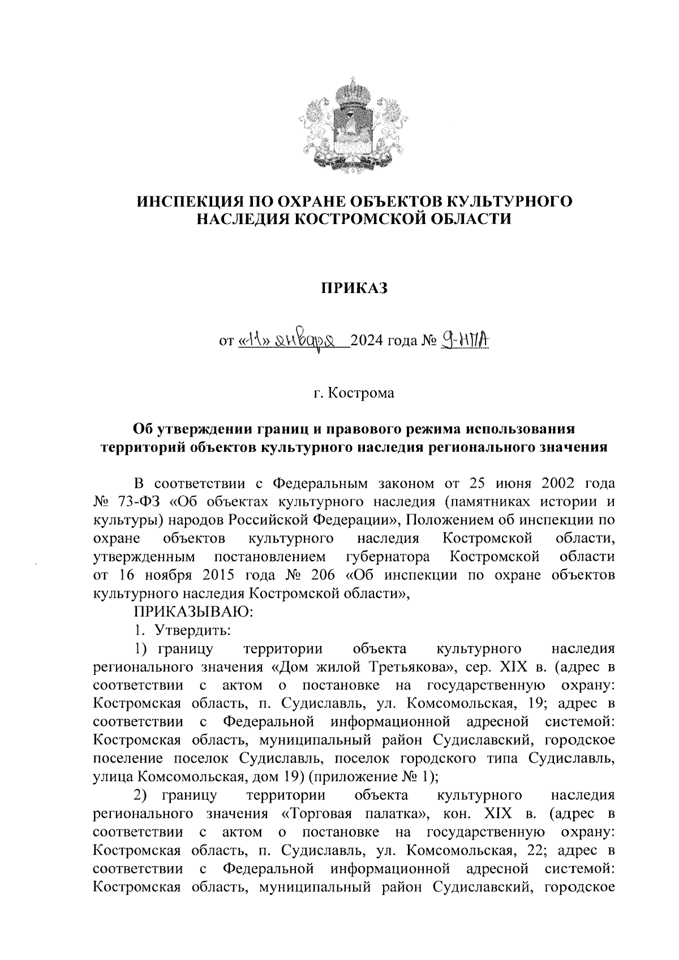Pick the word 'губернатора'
[387, 556]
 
